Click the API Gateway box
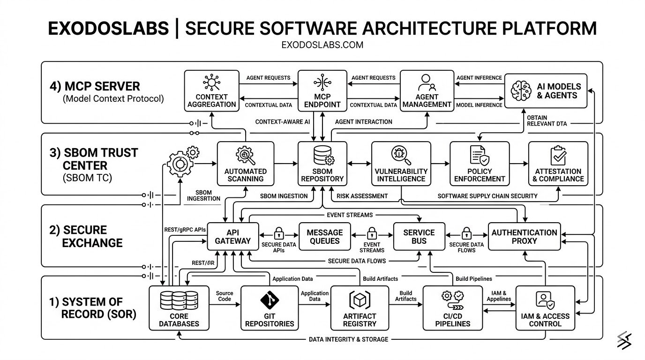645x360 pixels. coord(232,236)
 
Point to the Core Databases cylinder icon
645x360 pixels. coord(179,300)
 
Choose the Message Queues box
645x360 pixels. coord(324,236)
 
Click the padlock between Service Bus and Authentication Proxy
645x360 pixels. coord(466,233)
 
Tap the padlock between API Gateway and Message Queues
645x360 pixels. coord(278,233)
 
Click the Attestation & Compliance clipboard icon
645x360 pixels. coord(558,155)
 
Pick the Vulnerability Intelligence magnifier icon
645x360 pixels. coord(399,154)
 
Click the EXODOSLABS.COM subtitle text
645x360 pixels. coord(322,45)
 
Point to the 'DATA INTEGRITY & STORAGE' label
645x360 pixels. coord(348,339)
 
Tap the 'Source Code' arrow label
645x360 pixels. coord(225,296)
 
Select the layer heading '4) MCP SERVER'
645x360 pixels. coord(95,86)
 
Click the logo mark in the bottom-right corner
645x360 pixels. coord(624,340)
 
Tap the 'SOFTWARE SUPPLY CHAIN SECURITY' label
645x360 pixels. coord(487,195)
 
